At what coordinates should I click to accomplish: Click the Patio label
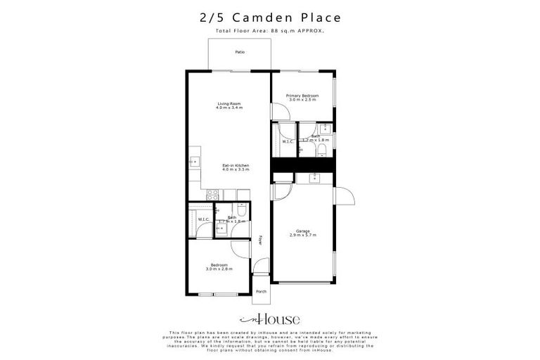[x=240, y=52]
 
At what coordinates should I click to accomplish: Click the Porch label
[x=261, y=291]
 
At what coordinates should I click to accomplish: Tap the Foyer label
[x=260, y=240]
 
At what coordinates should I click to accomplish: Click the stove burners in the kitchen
[x=212, y=194]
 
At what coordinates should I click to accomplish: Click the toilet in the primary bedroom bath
[x=323, y=149]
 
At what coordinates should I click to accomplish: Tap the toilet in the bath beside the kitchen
[x=240, y=210]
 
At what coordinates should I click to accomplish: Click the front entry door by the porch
[x=260, y=266]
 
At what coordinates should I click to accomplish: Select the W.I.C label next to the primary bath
[x=288, y=142]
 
